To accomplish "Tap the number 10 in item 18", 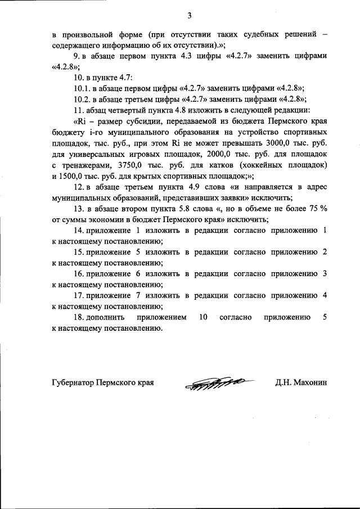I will click(204, 317).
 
